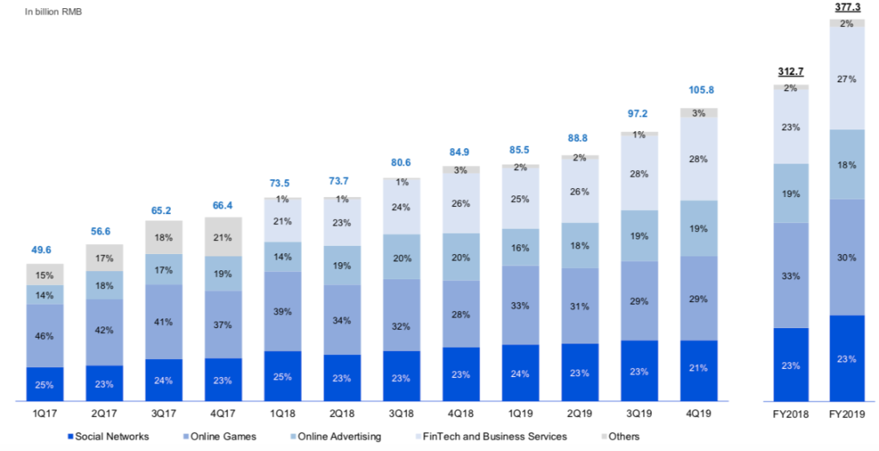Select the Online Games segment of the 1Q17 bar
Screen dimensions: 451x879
click(45, 335)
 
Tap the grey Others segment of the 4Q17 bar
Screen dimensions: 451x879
click(224, 237)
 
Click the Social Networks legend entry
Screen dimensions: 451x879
click(108, 436)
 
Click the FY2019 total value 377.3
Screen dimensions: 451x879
click(847, 8)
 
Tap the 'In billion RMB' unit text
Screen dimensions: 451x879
click(54, 12)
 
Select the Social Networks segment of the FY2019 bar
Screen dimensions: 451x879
click(847, 358)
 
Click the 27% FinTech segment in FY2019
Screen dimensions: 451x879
click(847, 79)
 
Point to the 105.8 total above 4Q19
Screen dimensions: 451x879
click(699, 90)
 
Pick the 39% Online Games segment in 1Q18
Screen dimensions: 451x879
click(283, 312)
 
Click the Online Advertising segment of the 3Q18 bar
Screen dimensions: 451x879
click(402, 257)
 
